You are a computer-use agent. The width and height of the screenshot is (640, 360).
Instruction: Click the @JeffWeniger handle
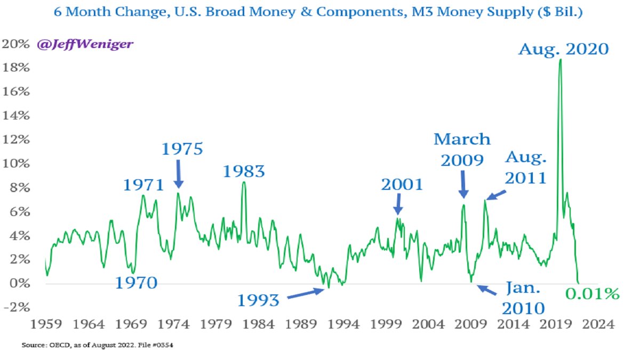pyautogui.click(x=85, y=44)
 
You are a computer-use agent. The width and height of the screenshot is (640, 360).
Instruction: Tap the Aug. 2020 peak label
pyautogui.click(x=563, y=50)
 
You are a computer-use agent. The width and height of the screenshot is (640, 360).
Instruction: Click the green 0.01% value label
pyautogui.click(x=593, y=294)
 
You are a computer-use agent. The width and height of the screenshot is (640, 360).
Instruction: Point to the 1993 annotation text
pyautogui.click(x=258, y=301)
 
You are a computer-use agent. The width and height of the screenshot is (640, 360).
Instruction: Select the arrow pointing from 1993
pyautogui.click(x=306, y=293)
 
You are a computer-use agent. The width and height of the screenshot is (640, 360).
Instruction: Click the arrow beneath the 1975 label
pyautogui.click(x=179, y=174)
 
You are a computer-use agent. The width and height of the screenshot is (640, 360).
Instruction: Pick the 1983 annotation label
pyautogui.click(x=244, y=172)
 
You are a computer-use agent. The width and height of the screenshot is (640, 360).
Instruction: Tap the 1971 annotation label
pyautogui.click(x=143, y=185)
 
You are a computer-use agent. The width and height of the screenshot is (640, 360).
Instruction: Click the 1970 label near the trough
pyautogui.click(x=137, y=283)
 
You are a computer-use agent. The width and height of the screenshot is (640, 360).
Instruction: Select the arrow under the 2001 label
pyautogui.click(x=398, y=204)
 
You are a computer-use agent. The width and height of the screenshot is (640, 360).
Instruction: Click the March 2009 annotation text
pyautogui.click(x=462, y=149)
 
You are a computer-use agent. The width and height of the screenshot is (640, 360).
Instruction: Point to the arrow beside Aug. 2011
pyautogui.click(x=496, y=195)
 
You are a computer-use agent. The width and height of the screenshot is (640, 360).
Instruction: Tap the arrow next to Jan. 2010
pyautogui.click(x=487, y=290)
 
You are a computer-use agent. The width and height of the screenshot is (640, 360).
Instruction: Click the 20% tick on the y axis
pyautogui.click(x=15, y=44)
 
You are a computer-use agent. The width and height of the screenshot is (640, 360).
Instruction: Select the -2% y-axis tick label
pyautogui.click(x=17, y=307)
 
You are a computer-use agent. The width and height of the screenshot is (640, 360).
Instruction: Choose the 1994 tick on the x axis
pyautogui.click(x=343, y=324)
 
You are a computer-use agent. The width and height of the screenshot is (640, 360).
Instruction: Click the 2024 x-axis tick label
pyautogui.click(x=598, y=324)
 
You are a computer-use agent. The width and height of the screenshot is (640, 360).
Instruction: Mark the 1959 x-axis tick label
pyautogui.click(x=46, y=324)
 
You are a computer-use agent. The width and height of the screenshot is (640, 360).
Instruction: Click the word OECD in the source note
pyautogui.click(x=59, y=345)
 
